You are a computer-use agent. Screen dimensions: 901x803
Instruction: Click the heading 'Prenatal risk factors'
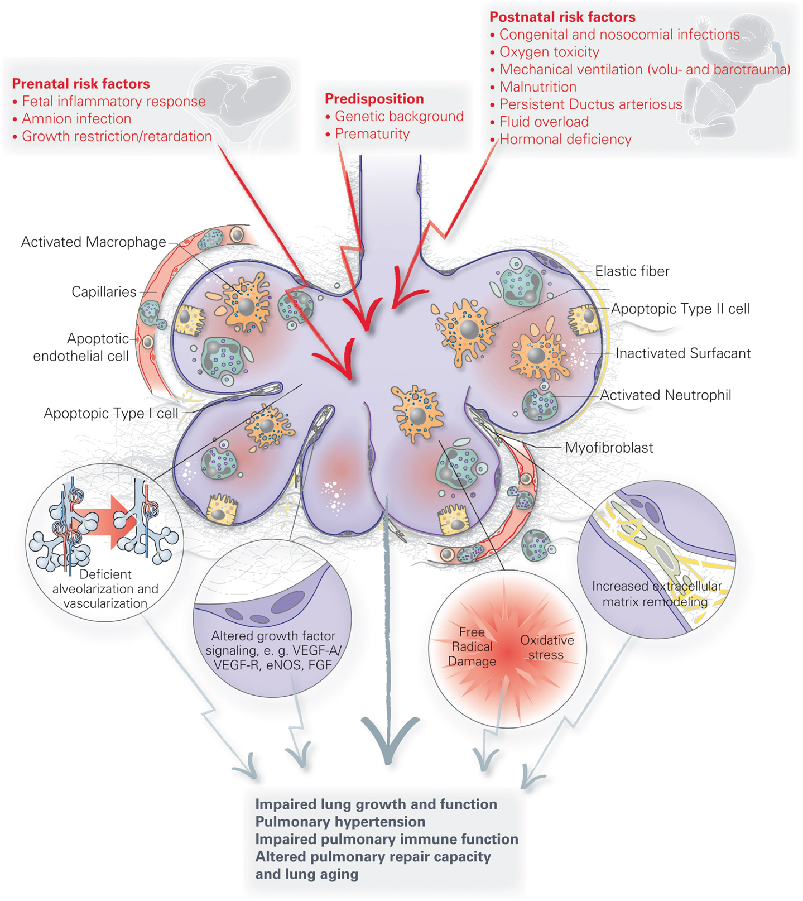(81, 84)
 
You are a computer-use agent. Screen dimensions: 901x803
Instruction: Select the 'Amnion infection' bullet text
(76, 119)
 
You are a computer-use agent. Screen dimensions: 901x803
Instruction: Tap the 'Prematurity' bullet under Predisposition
(372, 134)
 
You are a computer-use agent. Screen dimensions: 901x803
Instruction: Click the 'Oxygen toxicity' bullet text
(549, 52)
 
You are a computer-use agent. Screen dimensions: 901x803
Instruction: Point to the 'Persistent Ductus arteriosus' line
(590, 104)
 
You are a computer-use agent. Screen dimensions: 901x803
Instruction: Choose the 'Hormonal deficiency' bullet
(565, 140)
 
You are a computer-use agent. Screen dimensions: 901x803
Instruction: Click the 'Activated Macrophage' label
(93, 242)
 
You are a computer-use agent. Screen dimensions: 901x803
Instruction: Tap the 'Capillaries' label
(104, 292)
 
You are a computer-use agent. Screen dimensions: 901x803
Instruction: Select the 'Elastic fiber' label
(632, 271)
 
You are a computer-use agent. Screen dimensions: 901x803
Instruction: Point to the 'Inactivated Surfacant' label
(683, 353)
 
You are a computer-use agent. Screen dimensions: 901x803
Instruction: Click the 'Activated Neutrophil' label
(665, 395)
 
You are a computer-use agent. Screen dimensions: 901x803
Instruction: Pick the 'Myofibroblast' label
(609, 448)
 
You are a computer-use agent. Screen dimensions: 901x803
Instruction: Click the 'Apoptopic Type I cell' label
(111, 414)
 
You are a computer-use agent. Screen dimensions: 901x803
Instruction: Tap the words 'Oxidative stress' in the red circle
(547, 648)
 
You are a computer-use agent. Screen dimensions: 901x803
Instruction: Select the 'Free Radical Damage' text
(472, 647)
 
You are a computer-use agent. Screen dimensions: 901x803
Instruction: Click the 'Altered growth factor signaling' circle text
(273, 650)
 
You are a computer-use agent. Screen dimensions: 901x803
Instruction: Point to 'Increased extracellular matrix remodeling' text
(656, 594)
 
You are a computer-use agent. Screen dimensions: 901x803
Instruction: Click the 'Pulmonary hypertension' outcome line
(340, 822)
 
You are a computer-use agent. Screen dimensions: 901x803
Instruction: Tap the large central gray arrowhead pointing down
(389, 737)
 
